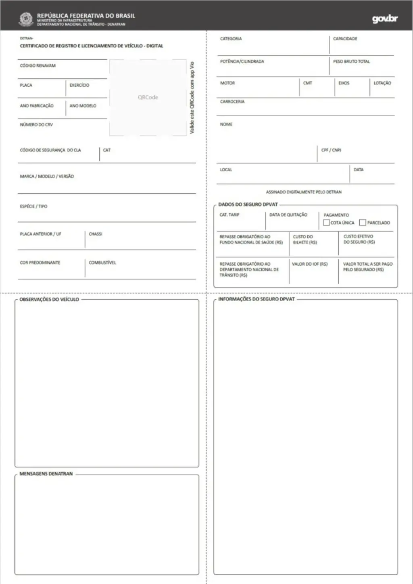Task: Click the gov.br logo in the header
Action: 385,19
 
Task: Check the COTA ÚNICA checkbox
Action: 326,223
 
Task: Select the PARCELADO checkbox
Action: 363,223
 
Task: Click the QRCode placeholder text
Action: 148,97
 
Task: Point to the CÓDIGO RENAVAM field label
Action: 38,65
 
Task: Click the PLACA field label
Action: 26,85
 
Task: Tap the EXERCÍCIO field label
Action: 79,85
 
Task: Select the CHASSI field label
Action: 96,234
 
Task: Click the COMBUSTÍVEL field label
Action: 102,263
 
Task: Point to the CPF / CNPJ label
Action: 331,150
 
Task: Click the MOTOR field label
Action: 227,83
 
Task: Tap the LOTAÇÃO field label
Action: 382,83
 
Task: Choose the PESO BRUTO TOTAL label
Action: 351,61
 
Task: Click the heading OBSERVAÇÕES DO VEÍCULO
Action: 49,299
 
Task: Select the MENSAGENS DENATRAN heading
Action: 46,474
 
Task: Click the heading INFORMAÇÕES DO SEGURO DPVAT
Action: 257,299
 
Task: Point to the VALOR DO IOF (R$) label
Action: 310,264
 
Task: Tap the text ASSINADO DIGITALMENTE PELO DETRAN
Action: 304,192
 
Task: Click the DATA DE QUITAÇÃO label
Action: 288,215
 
